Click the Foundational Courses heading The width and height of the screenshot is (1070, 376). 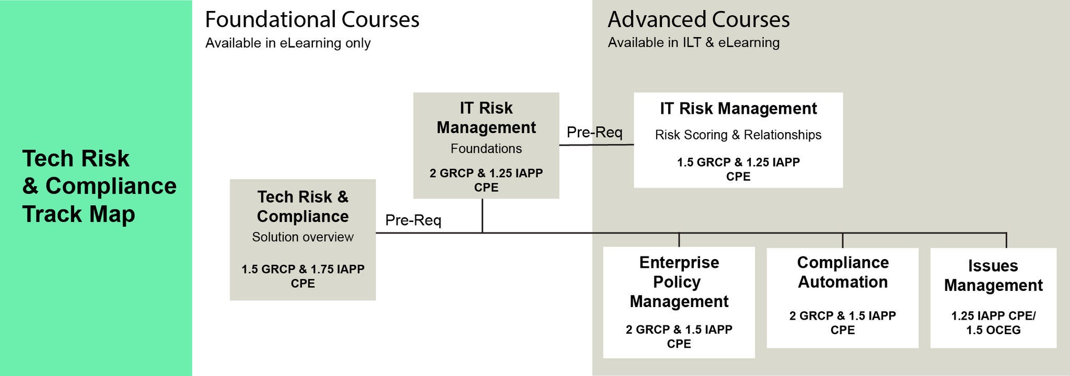(x=312, y=20)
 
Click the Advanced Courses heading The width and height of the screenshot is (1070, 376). (x=699, y=20)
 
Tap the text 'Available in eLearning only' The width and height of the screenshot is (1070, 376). (x=288, y=43)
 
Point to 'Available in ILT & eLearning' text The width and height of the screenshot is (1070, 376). (x=693, y=42)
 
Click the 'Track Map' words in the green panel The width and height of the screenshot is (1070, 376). (x=78, y=214)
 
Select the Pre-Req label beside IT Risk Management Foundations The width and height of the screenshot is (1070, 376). (x=594, y=132)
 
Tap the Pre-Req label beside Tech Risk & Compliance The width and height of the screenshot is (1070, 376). (x=413, y=220)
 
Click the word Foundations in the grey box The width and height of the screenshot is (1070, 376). (x=486, y=149)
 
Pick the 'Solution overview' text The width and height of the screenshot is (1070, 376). (x=303, y=237)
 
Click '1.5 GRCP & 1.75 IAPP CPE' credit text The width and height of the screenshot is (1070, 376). (x=303, y=276)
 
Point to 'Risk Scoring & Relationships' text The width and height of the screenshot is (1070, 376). (x=738, y=135)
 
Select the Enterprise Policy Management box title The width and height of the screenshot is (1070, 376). (x=679, y=282)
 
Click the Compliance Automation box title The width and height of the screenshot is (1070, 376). (x=842, y=272)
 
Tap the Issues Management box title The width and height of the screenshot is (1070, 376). (x=993, y=275)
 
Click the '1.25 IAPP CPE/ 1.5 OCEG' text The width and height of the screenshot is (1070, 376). (x=993, y=323)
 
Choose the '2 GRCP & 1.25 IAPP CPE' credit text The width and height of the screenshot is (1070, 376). (x=486, y=180)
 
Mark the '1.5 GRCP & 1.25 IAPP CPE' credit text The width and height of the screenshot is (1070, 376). (x=738, y=169)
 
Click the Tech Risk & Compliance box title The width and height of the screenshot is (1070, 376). (x=303, y=206)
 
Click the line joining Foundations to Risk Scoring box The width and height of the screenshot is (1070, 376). (x=596, y=145)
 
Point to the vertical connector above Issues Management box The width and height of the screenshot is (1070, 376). (x=1006, y=240)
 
